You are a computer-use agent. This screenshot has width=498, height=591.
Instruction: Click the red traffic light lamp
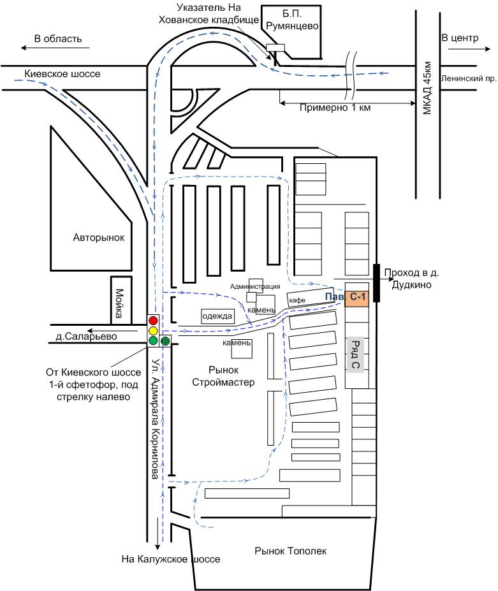click(153, 321)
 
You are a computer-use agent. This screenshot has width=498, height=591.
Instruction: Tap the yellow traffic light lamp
click(153, 330)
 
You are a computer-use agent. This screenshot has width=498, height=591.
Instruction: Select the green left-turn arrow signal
click(165, 340)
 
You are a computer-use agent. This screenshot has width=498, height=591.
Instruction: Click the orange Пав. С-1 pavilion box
click(357, 298)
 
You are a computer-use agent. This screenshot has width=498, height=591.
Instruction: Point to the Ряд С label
click(355, 354)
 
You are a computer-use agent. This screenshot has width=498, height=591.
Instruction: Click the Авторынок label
click(98, 238)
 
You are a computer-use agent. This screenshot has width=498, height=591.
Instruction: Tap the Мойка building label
click(120, 303)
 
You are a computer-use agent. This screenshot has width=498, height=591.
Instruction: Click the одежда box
click(217, 316)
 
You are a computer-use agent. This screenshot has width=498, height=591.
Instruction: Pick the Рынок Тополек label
click(290, 551)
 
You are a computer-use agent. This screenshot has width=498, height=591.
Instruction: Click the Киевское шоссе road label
click(62, 74)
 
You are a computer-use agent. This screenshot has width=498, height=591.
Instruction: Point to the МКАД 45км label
click(427, 88)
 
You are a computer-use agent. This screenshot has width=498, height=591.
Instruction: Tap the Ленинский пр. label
click(469, 78)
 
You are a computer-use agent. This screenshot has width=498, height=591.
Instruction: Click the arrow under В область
click(55, 48)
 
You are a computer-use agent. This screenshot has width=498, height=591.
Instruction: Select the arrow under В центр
click(466, 48)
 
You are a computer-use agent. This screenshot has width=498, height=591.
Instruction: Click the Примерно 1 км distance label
click(335, 108)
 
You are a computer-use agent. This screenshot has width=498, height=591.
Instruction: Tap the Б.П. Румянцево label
click(292, 20)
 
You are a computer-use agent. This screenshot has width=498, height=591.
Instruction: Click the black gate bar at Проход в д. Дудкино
click(376, 283)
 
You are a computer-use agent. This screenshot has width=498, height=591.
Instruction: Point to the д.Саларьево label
click(86, 336)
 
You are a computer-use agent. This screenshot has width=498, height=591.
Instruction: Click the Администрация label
click(255, 286)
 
